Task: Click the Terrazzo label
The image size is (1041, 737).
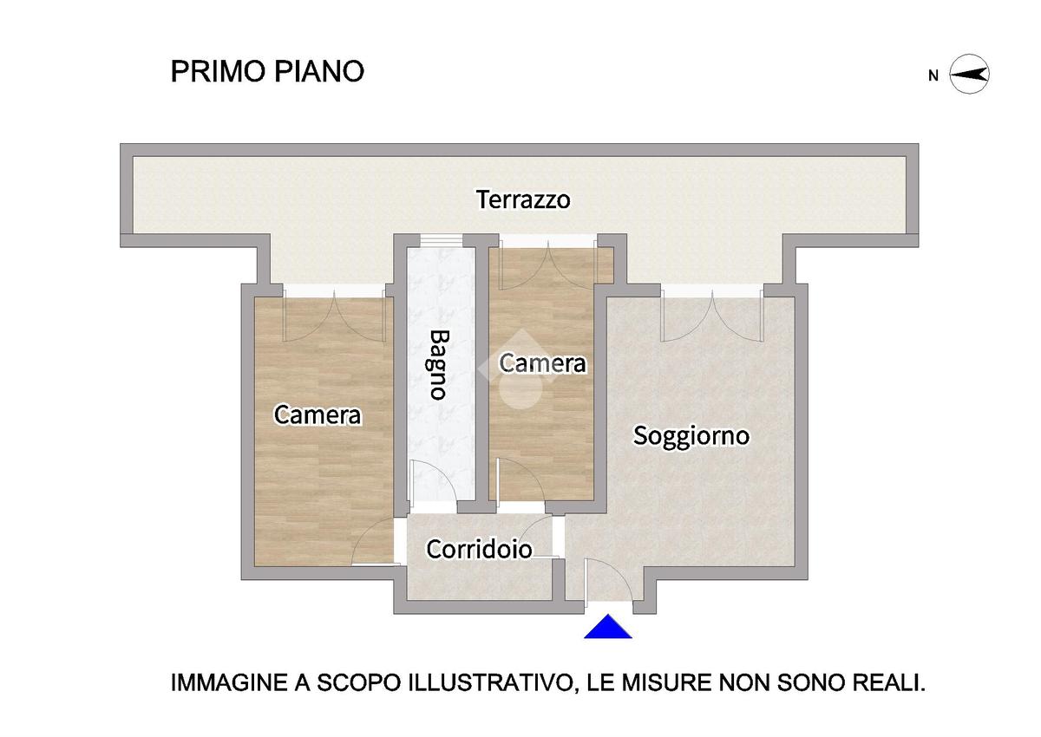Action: [x=523, y=199]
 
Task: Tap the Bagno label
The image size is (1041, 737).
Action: [x=438, y=365]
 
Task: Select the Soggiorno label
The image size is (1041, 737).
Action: [x=691, y=436]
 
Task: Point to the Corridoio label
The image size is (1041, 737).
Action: [x=479, y=550]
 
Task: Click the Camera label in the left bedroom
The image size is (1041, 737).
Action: [x=318, y=414]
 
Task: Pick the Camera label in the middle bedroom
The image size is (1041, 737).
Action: [x=542, y=363]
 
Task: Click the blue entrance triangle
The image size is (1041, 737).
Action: [x=608, y=627]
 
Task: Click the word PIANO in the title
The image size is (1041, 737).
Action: [x=319, y=71]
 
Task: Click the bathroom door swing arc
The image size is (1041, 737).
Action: [x=435, y=481]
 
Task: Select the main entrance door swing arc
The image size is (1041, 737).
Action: [x=609, y=581]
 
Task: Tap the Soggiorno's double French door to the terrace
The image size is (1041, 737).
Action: [x=712, y=316]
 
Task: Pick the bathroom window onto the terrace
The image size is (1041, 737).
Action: [x=442, y=240]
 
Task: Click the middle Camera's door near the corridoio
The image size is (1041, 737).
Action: [x=520, y=480]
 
